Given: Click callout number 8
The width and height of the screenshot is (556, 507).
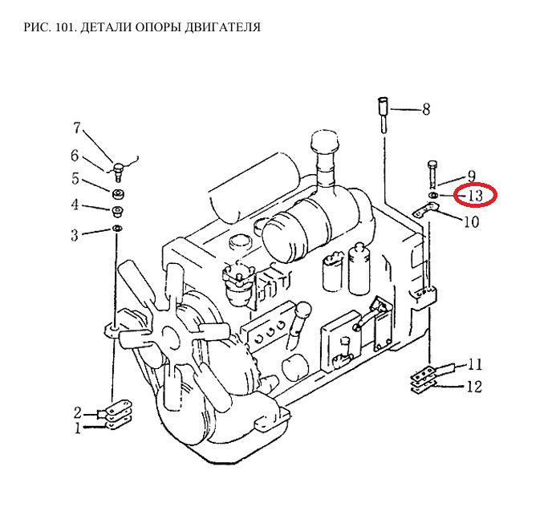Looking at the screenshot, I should (x=425, y=109).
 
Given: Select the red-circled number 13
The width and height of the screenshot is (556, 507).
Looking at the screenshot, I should (x=475, y=194).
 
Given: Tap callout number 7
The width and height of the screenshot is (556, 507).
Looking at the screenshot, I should (x=78, y=128).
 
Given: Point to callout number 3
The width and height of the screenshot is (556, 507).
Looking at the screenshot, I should (x=75, y=234).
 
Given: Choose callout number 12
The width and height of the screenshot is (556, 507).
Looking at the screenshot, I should (x=474, y=387).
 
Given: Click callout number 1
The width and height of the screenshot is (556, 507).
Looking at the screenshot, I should (x=79, y=428).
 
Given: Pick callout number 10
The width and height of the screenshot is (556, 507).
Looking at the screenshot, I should (x=471, y=221).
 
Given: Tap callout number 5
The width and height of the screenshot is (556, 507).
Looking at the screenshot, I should (x=75, y=179).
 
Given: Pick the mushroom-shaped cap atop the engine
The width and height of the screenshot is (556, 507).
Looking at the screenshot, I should (x=325, y=144).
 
